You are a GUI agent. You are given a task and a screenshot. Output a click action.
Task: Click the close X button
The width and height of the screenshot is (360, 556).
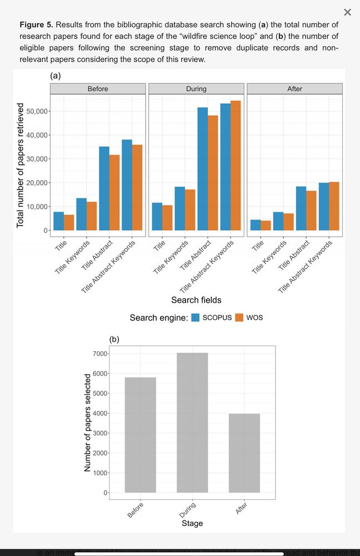point(347,12)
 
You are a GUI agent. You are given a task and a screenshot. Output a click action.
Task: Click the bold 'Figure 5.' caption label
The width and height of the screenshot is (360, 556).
point(37,25)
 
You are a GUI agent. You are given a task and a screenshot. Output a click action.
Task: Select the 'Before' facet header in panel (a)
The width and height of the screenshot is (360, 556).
point(98,89)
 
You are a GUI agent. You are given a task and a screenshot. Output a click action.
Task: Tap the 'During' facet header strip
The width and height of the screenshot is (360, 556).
point(196,89)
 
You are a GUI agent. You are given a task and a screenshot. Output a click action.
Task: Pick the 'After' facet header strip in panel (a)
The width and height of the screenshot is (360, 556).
point(294,89)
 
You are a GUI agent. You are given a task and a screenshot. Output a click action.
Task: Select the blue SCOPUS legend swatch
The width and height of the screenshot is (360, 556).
point(196,317)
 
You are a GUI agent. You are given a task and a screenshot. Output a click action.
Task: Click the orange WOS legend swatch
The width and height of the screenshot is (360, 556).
point(239,317)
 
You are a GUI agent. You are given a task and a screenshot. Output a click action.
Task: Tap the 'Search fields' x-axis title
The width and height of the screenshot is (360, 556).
point(196,300)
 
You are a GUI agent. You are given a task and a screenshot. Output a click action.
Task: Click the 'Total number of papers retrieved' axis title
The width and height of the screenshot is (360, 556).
point(21,165)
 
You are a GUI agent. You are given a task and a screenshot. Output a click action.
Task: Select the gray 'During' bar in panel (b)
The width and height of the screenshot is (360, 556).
point(192,423)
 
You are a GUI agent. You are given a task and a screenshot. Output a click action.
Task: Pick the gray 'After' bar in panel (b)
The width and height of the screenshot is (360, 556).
point(244,453)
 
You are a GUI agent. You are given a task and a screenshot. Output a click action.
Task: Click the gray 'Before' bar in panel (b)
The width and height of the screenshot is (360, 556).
point(140,435)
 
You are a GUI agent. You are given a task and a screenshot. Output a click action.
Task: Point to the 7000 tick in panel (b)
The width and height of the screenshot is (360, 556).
point(100,354)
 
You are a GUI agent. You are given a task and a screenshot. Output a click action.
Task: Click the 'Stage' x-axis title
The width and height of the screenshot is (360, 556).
point(192,523)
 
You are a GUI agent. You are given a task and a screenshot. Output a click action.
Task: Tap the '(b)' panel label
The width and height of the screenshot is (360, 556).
point(114,339)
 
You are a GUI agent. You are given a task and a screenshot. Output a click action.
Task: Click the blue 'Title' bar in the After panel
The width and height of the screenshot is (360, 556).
point(256,225)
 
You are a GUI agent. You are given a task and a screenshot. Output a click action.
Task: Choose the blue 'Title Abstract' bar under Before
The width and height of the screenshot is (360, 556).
point(104,188)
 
